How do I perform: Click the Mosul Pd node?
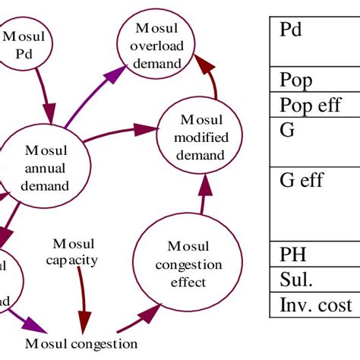(25, 46)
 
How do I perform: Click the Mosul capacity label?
(74, 251)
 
